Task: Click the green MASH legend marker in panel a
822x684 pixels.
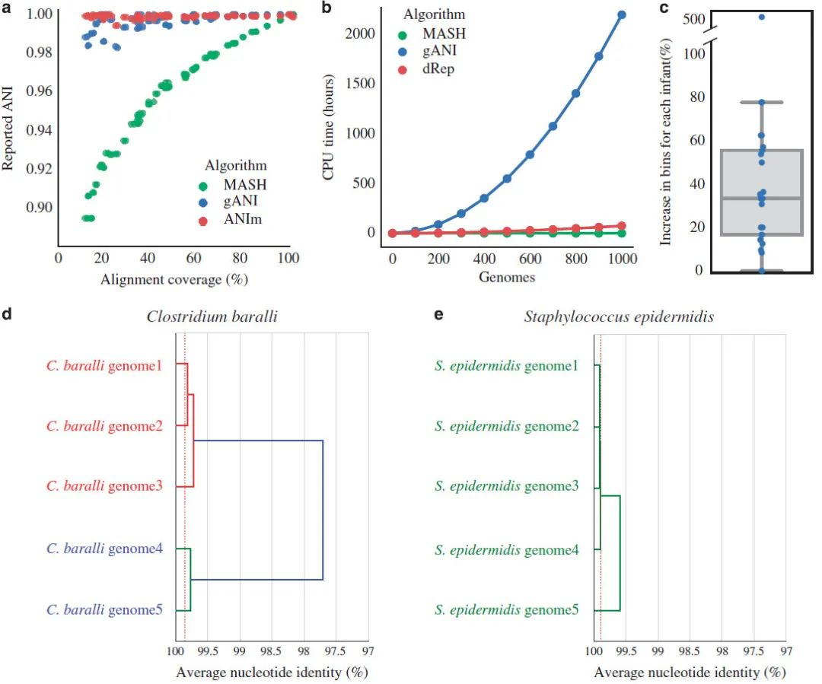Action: click(x=202, y=185)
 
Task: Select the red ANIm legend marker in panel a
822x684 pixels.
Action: click(x=202, y=221)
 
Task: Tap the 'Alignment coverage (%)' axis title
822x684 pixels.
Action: click(x=174, y=278)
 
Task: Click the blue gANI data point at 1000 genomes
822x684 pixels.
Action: click(x=622, y=14)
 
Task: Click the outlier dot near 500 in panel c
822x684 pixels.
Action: click(x=762, y=17)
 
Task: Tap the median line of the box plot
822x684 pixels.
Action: click(x=762, y=199)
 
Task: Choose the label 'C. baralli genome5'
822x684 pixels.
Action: click(x=104, y=609)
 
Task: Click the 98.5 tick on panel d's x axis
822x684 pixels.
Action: click(x=272, y=653)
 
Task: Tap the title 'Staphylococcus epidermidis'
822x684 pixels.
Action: click(x=618, y=317)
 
